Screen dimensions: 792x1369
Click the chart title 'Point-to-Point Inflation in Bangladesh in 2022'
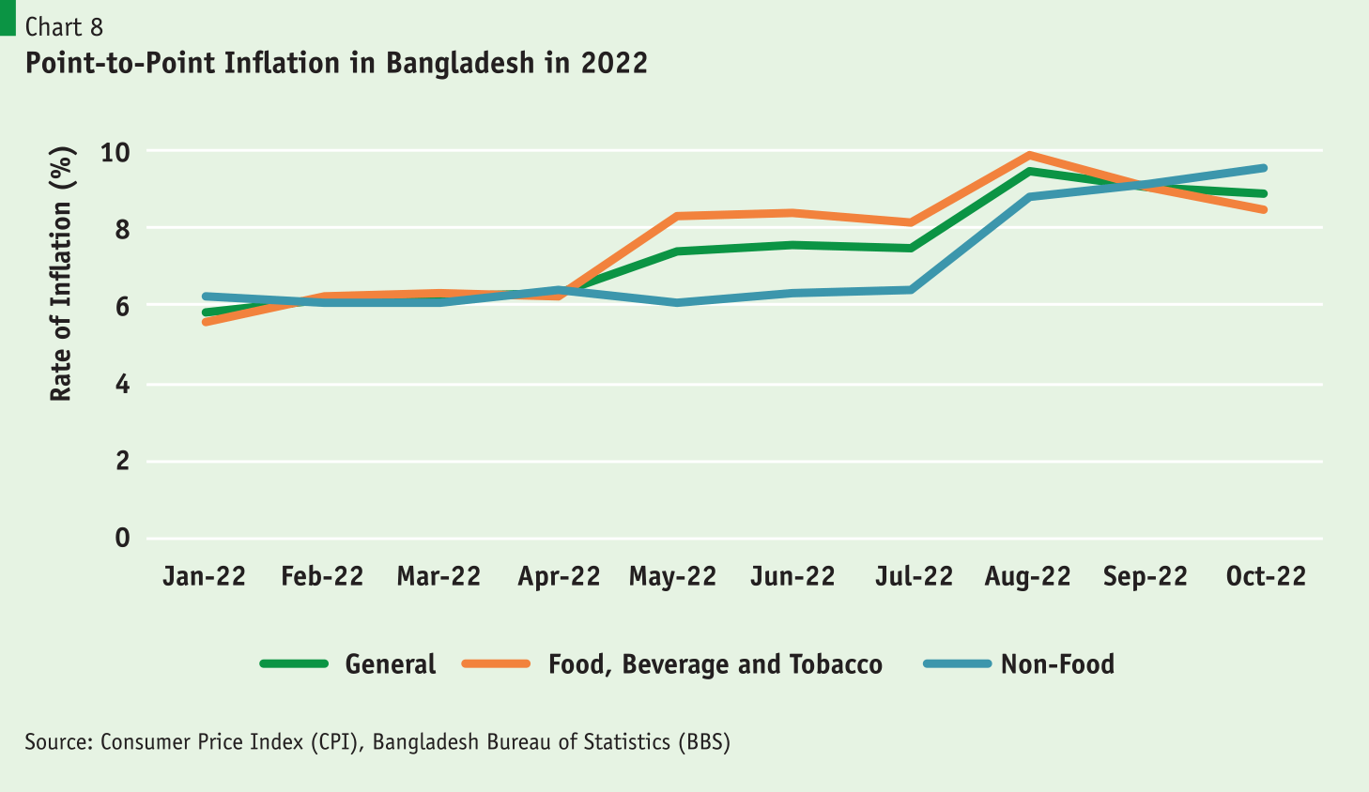tap(336, 63)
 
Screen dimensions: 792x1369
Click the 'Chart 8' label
tap(64, 26)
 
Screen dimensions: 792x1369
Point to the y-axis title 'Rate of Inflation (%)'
tap(61, 274)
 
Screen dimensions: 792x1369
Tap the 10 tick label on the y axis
tap(115, 151)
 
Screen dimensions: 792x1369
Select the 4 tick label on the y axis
tap(122, 384)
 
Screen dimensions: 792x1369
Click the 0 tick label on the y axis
tap(122, 538)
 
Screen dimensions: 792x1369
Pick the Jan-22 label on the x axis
tap(204, 576)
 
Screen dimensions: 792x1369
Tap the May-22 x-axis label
tap(672, 576)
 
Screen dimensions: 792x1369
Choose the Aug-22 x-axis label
tap(1027, 576)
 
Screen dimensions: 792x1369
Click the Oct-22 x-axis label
tap(1265, 576)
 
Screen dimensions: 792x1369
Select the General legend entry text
tap(391, 664)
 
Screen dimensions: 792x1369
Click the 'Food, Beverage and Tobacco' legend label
tap(715, 664)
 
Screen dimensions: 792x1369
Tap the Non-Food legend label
tap(1057, 664)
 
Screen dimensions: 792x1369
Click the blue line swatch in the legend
tap(957, 664)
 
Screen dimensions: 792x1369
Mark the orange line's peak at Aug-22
tap(1030, 155)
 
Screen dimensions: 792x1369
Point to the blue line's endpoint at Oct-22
tap(1264, 169)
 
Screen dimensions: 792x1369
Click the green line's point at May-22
tap(676, 251)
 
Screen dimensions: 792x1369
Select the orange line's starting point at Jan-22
tap(206, 322)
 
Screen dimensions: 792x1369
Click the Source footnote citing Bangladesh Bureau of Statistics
tap(377, 742)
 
